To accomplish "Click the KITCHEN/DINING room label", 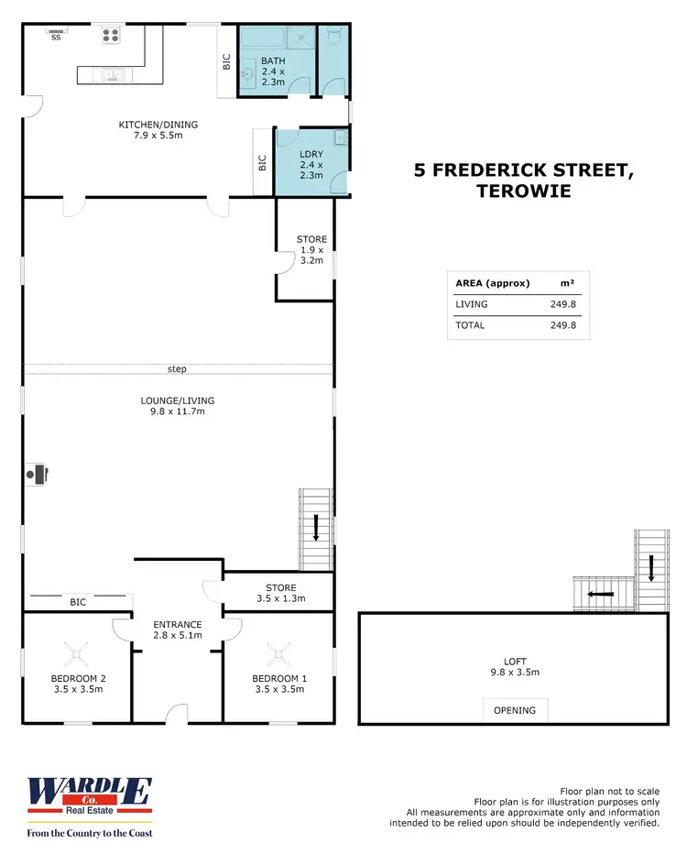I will click(x=158, y=130).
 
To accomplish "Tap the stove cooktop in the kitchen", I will click(x=111, y=36).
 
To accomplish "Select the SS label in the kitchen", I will click(x=56, y=38).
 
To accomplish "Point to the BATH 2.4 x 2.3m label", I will click(x=273, y=71).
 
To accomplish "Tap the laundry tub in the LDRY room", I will click(x=340, y=138).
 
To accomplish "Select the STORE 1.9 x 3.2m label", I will click(x=311, y=250).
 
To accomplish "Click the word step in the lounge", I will click(x=177, y=369).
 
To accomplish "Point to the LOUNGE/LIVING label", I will click(x=178, y=406).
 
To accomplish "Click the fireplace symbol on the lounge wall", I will click(x=37, y=474).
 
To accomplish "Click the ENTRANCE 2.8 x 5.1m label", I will click(x=177, y=630).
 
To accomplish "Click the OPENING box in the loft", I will click(x=516, y=710).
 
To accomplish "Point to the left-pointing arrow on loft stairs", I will click(x=601, y=594).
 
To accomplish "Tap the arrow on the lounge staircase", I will click(x=316, y=528).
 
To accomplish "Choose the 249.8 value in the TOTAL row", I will click(x=562, y=325).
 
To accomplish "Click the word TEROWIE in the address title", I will click(x=523, y=192).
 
